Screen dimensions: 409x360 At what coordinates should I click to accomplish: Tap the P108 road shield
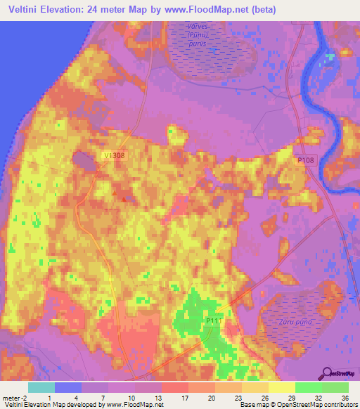305,161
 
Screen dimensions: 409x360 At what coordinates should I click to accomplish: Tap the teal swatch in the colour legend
41,387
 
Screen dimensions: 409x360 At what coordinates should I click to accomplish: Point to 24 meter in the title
109,10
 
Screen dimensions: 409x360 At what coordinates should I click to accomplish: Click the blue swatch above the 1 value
68,387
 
